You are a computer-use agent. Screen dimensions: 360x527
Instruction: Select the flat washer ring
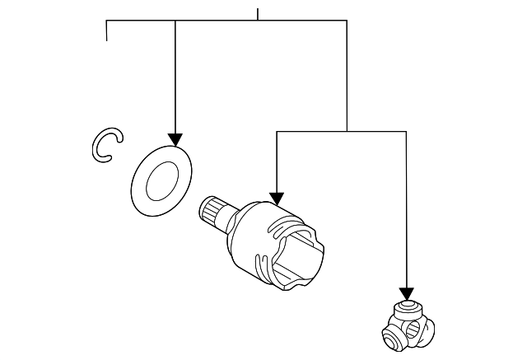(161, 180)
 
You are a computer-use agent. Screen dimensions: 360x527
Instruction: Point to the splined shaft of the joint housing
(214, 213)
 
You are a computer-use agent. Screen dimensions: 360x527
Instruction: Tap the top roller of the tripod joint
(405, 310)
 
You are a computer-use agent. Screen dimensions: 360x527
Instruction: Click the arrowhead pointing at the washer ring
(175, 139)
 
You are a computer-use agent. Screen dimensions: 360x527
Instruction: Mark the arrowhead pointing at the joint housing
(277, 198)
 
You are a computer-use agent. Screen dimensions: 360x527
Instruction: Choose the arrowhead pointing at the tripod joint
(405, 294)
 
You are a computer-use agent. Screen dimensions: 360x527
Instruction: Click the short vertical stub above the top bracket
(258, 13)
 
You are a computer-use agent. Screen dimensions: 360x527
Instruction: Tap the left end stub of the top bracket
(107, 31)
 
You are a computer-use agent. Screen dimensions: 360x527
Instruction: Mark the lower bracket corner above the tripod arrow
(405, 131)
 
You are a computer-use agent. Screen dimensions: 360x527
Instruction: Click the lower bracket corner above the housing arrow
(277, 131)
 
